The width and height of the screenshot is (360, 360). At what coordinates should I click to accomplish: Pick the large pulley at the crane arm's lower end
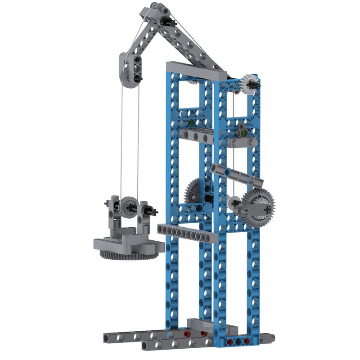[x=130, y=71]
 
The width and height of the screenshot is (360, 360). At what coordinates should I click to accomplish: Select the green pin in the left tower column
[x=190, y=122]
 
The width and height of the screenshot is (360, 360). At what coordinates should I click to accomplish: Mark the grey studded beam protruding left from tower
[x=188, y=232]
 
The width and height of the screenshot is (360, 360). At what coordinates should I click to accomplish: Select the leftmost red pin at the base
[x=186, y=334]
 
